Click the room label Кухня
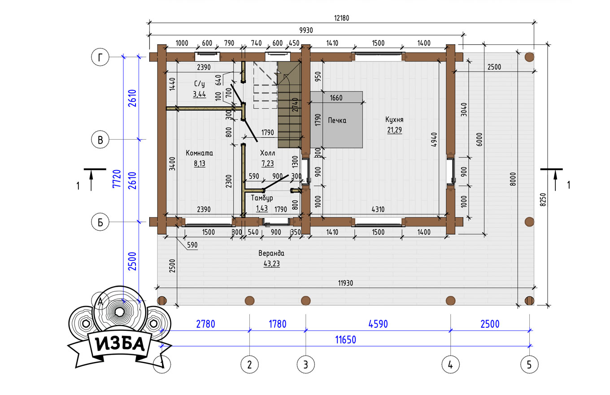pyautogui.click(x=394, y=119)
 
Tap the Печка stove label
pyautogui.click(x=337, y=120)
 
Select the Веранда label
pyautogui.click(x=271, y=253)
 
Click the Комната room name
pyautogui.click(x=199, y=153)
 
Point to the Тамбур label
pyautogui.click(x=261, y=198)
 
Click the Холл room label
pyautogui.click(x=267, y=153)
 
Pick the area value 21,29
pyautogui.click(x=394, y=130)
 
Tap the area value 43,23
pyautogui.click(x=271, y=263)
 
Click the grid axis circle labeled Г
pyautogui.click(x=100, y=57)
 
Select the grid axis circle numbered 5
pyautogui.click(x=529, y=364)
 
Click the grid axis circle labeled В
pyautogui.click(x=100, y=140)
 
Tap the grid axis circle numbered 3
pyautogui.click(x=305, y=364)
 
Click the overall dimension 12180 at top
pyautogui.click(x=341, y=18)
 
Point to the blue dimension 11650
pyautogui.click(x=345, y=340)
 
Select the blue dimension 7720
pyautogui.click(x=117, y=179)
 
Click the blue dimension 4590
pyautogui.click(x=378, y=324)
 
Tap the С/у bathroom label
pyautogui.click(x=199, y=83)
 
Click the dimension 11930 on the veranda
pyautogui.click(x=345, y=283)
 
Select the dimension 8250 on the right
pyautogui.click(x=543, y=200)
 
